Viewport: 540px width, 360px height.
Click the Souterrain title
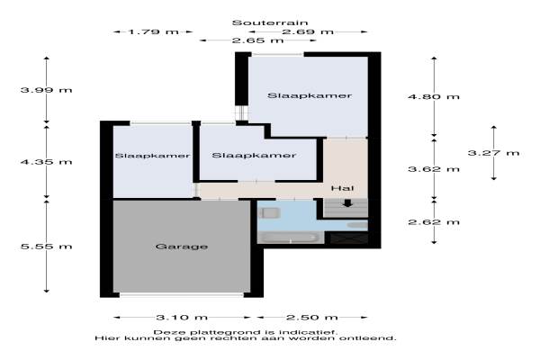tap(270, 23)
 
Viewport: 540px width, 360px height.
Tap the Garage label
tap(182, 247)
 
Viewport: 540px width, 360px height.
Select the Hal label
tap(342, 188)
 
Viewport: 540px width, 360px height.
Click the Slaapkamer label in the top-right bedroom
tap(310, 95)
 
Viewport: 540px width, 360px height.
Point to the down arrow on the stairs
tap(347, 203)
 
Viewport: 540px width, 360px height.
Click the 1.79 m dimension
tap(153, 32)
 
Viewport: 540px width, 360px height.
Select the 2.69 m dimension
tap(308, 32)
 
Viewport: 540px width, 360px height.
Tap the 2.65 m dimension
tap(258, 40)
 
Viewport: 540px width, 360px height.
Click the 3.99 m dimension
tap(47, 90)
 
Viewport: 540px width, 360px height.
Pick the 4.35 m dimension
tap(47, 162)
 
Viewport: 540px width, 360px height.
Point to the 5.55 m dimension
tap(47, 247)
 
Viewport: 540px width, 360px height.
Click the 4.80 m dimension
tap(434, 96)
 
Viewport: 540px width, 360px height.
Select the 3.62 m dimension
tap(434, 169)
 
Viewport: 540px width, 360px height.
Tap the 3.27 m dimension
tap(493, 153)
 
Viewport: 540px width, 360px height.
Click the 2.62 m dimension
tap(434, 222)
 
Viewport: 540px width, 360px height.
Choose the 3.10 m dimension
tap(182, 318)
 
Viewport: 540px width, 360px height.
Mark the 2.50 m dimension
tap(312, 318)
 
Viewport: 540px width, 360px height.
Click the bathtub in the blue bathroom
tap(290, 238)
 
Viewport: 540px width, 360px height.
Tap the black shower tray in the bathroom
tap(348, 238)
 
